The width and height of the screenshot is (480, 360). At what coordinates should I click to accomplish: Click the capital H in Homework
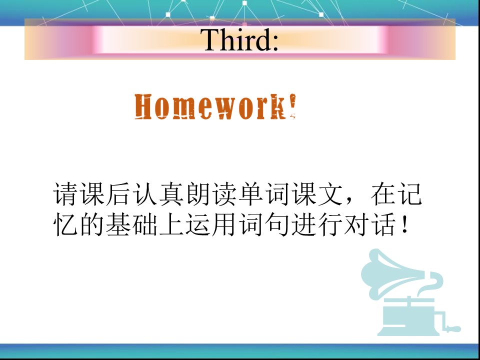click(143, 106)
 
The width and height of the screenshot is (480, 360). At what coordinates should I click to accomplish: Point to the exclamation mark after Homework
click(292, 105)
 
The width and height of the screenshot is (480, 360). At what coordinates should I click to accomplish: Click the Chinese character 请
click(65, 194)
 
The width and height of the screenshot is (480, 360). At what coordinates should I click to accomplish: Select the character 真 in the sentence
click(171, 194)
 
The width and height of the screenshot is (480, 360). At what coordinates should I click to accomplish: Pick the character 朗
click(198, 194)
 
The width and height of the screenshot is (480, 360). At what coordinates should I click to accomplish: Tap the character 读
click(224, 194)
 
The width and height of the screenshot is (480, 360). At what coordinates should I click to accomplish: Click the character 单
click(251, 194)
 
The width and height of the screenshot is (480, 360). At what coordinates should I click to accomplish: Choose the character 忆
click(65, 224)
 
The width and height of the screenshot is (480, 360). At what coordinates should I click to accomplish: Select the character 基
click(118, 224)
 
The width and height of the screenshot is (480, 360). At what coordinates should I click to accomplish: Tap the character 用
click(224, 224)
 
